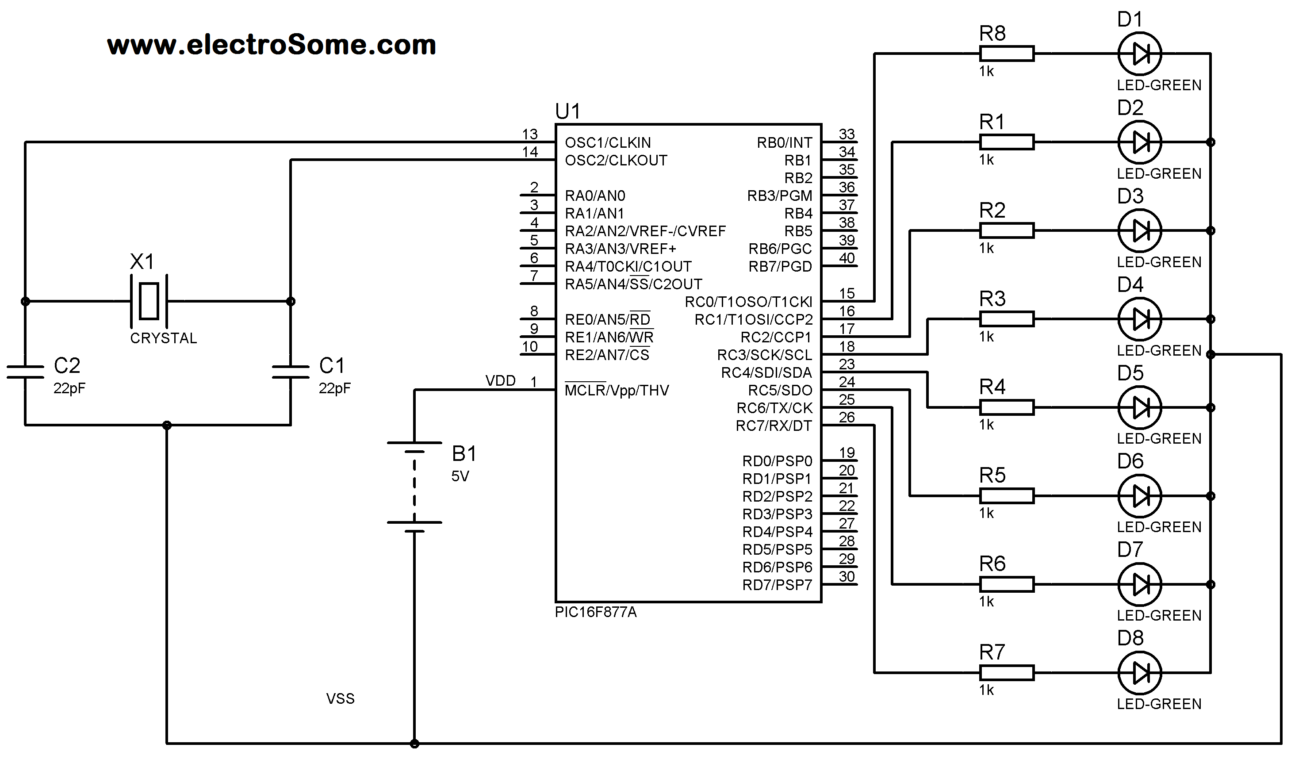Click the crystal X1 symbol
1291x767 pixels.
(149, 301)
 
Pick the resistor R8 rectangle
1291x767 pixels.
(1006, 53)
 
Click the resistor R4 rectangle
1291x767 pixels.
(1006, 407)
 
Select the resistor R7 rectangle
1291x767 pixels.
(1006, 672)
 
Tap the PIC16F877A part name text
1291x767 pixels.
(595, 613)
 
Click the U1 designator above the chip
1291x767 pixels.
(567, 111)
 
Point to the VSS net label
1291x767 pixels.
(340, 699)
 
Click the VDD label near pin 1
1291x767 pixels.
(500, 381)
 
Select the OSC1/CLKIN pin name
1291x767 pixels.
(608, 142)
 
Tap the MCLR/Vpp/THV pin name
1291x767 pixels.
(617, 390)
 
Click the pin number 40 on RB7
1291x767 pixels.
(847, 258)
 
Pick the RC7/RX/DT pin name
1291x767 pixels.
(774, 426)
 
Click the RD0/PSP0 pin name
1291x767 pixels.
(777, 461)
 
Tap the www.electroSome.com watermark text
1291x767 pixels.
(271, 45)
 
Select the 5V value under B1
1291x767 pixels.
(460, 476)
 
